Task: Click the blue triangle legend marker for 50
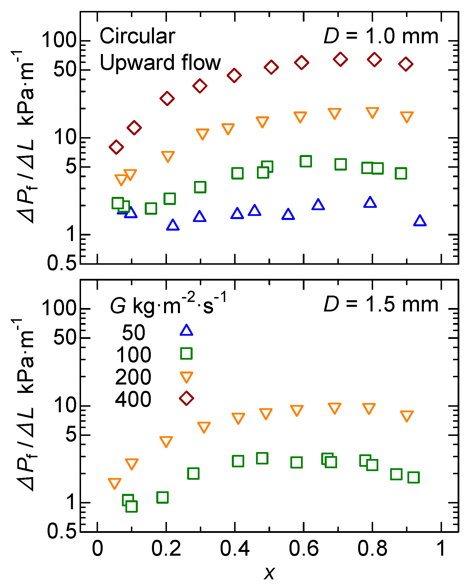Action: (x=186, y=331)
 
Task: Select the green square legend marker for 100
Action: (x=186, y=353)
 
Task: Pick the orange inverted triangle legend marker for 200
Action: (x=186, y=377)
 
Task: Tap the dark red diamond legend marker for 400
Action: (x=186, y=398)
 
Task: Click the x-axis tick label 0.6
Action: (x=304, y=548)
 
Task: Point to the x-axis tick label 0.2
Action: (x=166, y=548)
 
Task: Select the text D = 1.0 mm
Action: (x=381, y=37)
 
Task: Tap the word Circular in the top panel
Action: (x=137, y=37)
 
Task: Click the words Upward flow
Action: (x=160, y=63)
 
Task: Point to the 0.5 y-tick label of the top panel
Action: (x=62, y=263)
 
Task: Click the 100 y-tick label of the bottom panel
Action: (x=59, y=308)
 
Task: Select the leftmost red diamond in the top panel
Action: (x=116, y=147)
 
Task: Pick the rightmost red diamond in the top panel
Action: (x=406, y=64)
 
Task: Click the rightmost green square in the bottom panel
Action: (x=413, y=477)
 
